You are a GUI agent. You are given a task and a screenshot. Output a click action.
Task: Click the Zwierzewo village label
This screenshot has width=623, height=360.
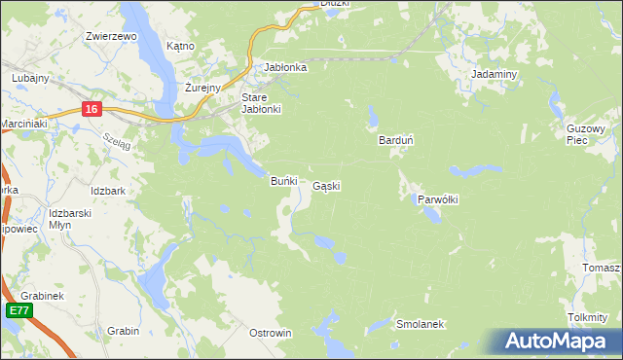coord(110,36)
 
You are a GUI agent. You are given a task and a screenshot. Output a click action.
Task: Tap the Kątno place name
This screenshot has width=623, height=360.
coord(180,46)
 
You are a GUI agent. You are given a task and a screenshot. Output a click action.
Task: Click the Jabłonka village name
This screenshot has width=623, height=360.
coord(286,67)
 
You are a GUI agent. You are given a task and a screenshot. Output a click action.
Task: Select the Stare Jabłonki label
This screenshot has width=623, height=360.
coord(261,103)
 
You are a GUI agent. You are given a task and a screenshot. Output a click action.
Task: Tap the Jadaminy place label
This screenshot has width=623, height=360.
coord(493,74)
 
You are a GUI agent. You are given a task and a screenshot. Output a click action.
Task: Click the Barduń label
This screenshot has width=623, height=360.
coord(396,140)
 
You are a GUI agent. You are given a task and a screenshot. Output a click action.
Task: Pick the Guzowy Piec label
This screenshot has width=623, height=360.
coord(586,133)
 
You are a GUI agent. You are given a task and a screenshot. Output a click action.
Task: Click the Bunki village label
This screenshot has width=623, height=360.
coord(282,181)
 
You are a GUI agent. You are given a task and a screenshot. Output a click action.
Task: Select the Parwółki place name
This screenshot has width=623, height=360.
coord(438,198)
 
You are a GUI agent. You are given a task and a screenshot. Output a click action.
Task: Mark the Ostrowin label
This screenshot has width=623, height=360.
coord(271,333)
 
